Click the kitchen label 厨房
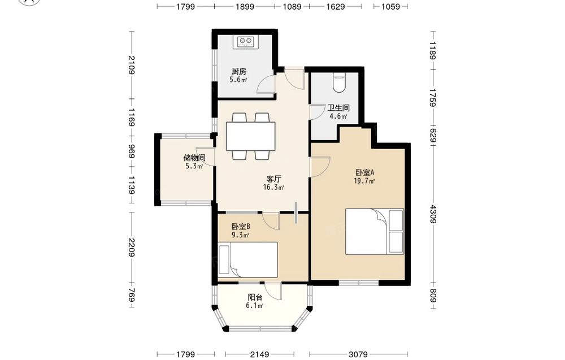[x=239, y=71]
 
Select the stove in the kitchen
[x=245, y=41]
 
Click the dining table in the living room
[x=251, y=136]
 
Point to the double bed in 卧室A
[x=375, y=231]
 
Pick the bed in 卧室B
[x=248, y=259]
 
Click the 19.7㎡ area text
[x=364, y=181]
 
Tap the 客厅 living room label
[x=273, y=179]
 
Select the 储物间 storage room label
[x=194, y=158]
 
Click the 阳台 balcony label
[x=255, y=297]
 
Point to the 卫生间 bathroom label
[x=338, y=108]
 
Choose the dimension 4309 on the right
[x=433, y=214]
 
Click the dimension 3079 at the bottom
[x=358, y=354]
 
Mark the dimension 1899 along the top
[x=245, y=6]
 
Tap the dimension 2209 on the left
[x=131, y=248]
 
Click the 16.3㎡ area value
[x=273, y=187]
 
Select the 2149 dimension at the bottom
[x=259, y=354]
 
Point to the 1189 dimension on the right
[x=433, y=50]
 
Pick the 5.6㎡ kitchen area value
[x=238, y=80]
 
